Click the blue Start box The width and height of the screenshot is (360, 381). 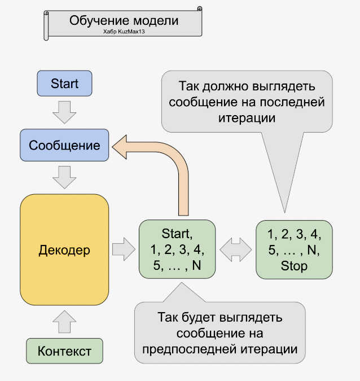(64, 84)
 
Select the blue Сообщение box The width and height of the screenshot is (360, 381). (64, 145)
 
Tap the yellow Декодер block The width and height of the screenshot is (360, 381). (64, 250)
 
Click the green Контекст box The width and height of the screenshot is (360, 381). (64, 351)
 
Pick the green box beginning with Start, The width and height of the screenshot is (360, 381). (177, 249)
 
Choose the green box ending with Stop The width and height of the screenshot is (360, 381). (294, 249)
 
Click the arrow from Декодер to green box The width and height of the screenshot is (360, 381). (122, 249)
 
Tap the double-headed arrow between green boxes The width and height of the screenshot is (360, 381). (235, 249)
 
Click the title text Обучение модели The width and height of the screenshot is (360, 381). (124, 21)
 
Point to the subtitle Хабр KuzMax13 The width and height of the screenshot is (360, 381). (124, 33)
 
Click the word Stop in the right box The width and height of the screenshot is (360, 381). (294, 266)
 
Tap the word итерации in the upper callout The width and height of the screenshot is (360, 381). (247, 119)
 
